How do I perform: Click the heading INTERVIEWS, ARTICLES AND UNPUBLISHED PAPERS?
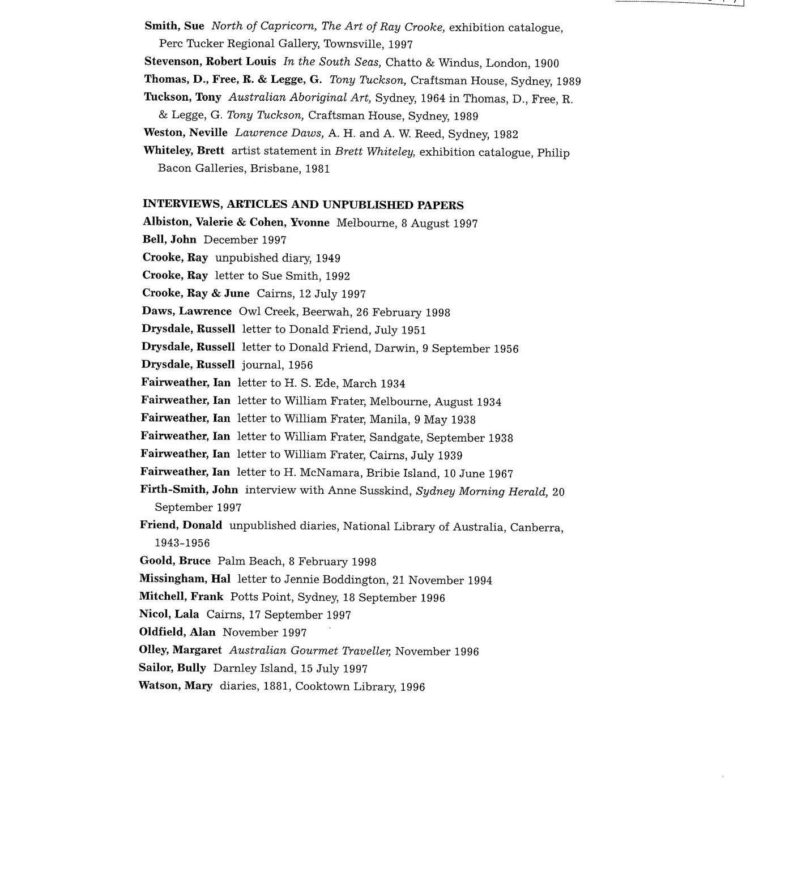click(303, 205)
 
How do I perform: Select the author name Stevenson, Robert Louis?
click(210, 62)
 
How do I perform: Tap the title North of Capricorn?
click(263, 27)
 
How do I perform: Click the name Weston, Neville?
click(185, 133)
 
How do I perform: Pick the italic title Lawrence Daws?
click(279, 134)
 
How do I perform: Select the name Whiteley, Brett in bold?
click(184, 151)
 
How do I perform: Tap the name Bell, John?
click(169, 240)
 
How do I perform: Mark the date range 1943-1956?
click(182, 543)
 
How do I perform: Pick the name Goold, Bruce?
click(174, 561)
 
